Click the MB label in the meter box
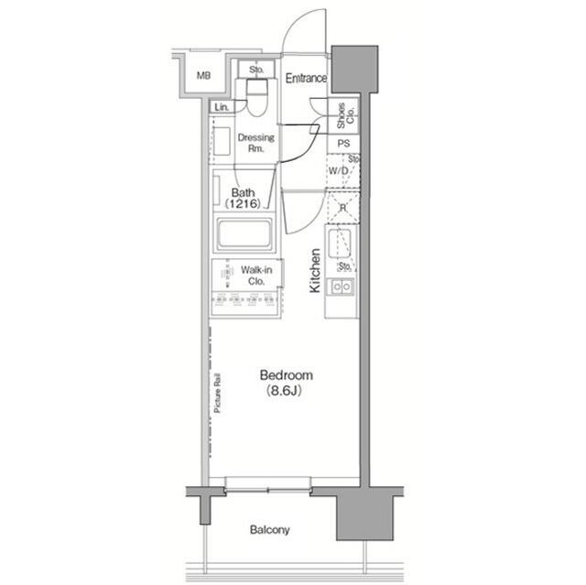203,76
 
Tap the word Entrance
306,79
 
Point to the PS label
343,144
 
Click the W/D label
337,170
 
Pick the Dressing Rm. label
256,144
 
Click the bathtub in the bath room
245,234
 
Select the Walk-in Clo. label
254,276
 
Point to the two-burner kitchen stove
342,287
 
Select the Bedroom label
287,375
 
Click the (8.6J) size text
287,391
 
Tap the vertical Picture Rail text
218,394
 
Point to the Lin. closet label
222,108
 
